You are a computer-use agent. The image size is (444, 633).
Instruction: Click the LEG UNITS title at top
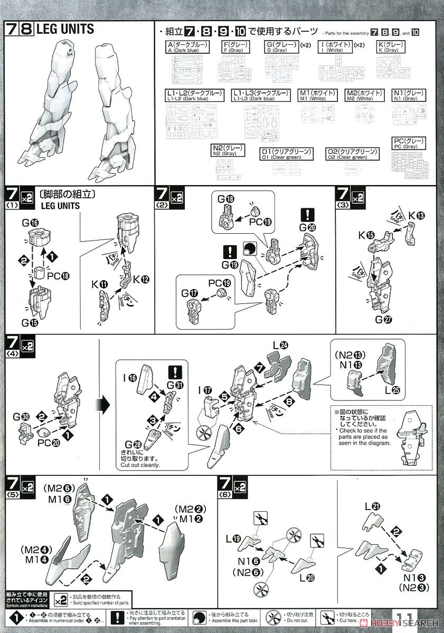(x=64, y=30)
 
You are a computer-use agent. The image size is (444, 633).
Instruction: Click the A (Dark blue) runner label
(x=187, y=47)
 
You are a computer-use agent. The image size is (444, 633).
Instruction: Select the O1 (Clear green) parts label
(x=286, y=154)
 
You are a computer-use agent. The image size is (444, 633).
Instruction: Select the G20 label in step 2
(x=308, y=228)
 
